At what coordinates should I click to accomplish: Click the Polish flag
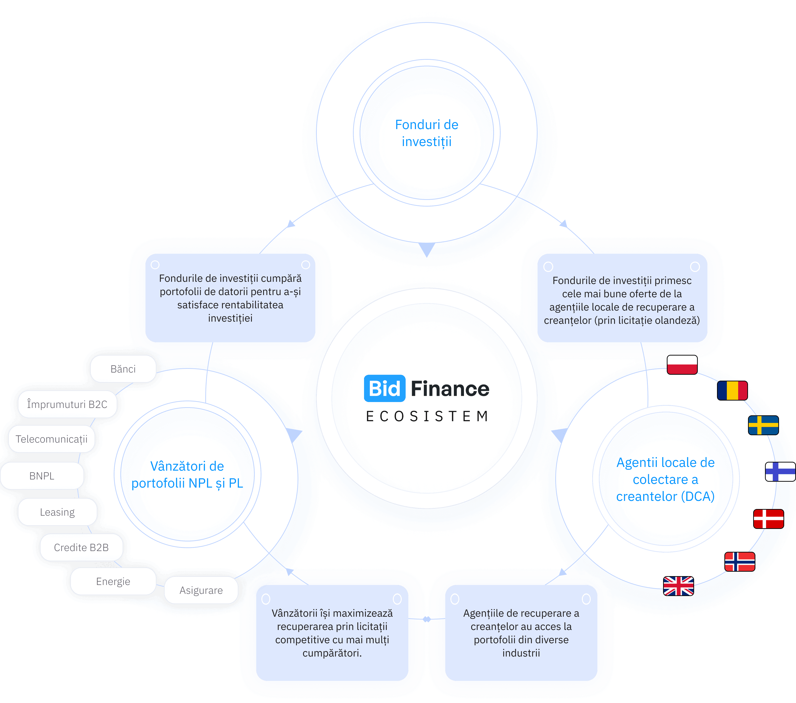click(682, 365)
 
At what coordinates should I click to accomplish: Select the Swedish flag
click(763, 425)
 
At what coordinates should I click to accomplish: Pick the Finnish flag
click(780, 472)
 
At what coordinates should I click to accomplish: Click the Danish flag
click(768, 519)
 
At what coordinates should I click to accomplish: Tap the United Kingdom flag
click(678, 586)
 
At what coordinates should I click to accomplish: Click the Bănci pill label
click(123, 369)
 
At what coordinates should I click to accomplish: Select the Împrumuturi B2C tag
click(67, 404)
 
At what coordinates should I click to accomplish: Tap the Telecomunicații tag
click(51, 439)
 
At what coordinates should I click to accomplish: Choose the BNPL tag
click(42, 476)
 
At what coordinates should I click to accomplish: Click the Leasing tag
click(57, 512)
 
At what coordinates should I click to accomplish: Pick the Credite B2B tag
click(81, 547)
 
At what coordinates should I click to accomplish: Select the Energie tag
click(113, 581)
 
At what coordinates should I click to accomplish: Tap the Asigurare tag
click(201, 590)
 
